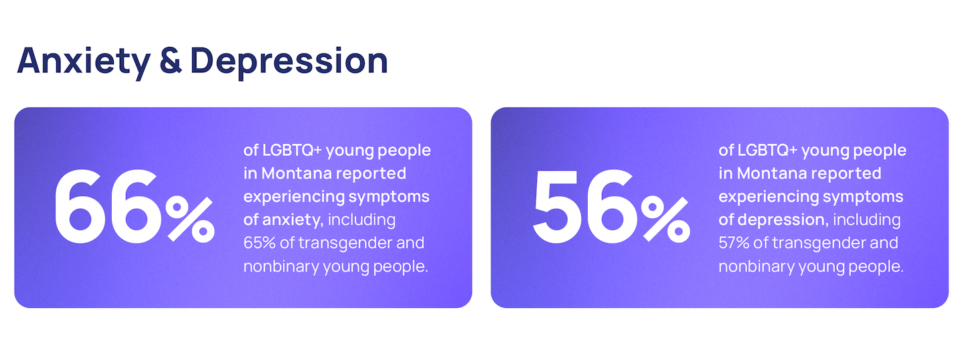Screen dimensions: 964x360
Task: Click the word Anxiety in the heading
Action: (84, 62)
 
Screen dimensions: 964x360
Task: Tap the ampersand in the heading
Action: (171, 61)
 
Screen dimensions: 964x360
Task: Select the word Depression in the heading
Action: (289, 62)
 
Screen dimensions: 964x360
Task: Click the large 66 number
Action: (106, 207)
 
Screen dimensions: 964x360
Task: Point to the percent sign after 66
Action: (190, 219)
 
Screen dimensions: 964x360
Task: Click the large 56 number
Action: (584, 207)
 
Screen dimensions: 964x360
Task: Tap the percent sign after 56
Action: (665, 219)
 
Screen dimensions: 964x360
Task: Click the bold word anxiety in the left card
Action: (293, 219)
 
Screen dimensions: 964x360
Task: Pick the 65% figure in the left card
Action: (260, 243)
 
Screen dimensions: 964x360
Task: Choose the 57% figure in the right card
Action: (734, 243)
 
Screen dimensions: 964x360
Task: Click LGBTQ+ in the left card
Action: (292, 150)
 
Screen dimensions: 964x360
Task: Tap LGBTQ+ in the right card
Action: (767, 150)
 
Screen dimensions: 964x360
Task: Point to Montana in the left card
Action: (297, 173)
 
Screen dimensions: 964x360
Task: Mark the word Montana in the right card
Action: (772, 173)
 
